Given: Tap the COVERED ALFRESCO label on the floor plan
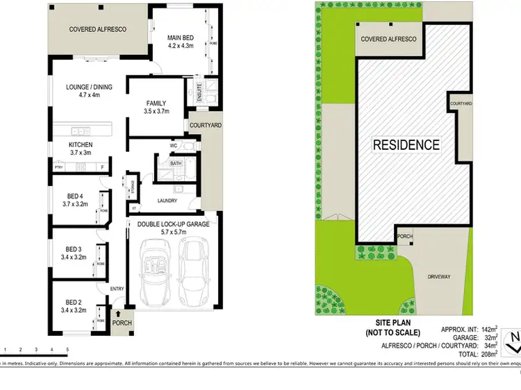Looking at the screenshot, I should pyautogui.click(x=98, y=30).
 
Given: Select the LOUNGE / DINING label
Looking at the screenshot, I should pyautogui.click(x=89, y=92).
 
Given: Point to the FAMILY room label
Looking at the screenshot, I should pyautogui.click(x=156, y=107).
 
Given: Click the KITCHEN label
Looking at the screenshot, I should pyautogui.click(x=81, y=148).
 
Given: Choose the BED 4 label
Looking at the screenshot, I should pyautogui.click(x=74, y=200).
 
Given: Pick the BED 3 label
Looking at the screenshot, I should pyautogui.click(x=73, y=253).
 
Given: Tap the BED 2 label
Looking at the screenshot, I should pyautogui.click(x=73, y=306).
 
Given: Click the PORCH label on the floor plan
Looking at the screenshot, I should pyautogui.click(x=122, y=323).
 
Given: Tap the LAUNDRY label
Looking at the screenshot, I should pyautogui.click(x=167, y=201).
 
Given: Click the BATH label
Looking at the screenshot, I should pyautogui.click(x=176, y=164).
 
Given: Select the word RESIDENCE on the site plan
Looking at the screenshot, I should pyautogui.click(x=406, y=145).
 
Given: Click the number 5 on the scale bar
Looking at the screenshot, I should pyautogui.click(x=67, y=349).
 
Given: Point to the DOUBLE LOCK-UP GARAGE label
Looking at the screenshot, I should pyautogui.click(x=172, y=225).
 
